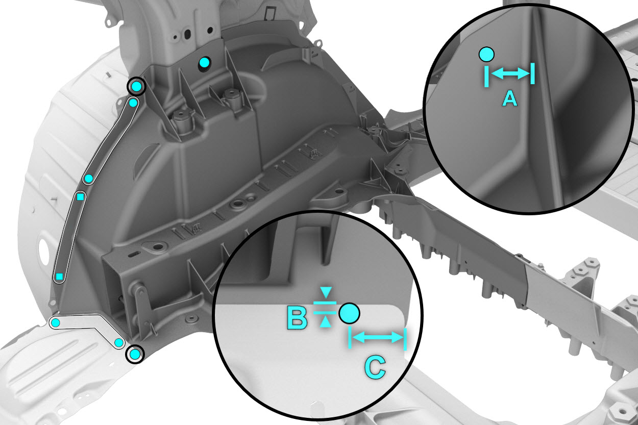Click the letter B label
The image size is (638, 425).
pyautogui.click(x=297, y=318)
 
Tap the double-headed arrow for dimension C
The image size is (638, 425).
pyautogui.click(x=378, y=338)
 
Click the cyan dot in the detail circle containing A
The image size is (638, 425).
pyautogui.click(x=486, y=55)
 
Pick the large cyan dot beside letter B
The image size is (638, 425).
pyautogui.click(x=350, y=313)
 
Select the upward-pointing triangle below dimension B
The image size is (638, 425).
pyautogui.click(x=325, y=323)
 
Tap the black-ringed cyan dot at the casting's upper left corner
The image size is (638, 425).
pyautogui.click(x=136, y=86)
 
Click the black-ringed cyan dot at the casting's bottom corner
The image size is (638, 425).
pyautogui.click(x=135, y=355)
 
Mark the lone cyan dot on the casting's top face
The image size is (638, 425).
pyautogui.click(x=205, y=62)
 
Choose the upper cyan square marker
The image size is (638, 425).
pyautogui.click(x=81, y=197)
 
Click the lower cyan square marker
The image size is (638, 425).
pyautogui.click(x=59, y=277)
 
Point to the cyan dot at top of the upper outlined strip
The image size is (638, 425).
pyautogui.click(x=133, y=103)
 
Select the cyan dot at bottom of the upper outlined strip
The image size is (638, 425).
pyautogui.click(x=89, y=179)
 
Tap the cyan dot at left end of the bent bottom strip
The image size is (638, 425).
pyautogui.click(x=56, y=322)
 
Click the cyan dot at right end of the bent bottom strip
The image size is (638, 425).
pyautogui.click(x=119, y=342)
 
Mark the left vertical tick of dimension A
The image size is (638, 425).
pyautogui.click(x=486, y=76)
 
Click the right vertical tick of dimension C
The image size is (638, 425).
pyautogui.click(x=405, y=339)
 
